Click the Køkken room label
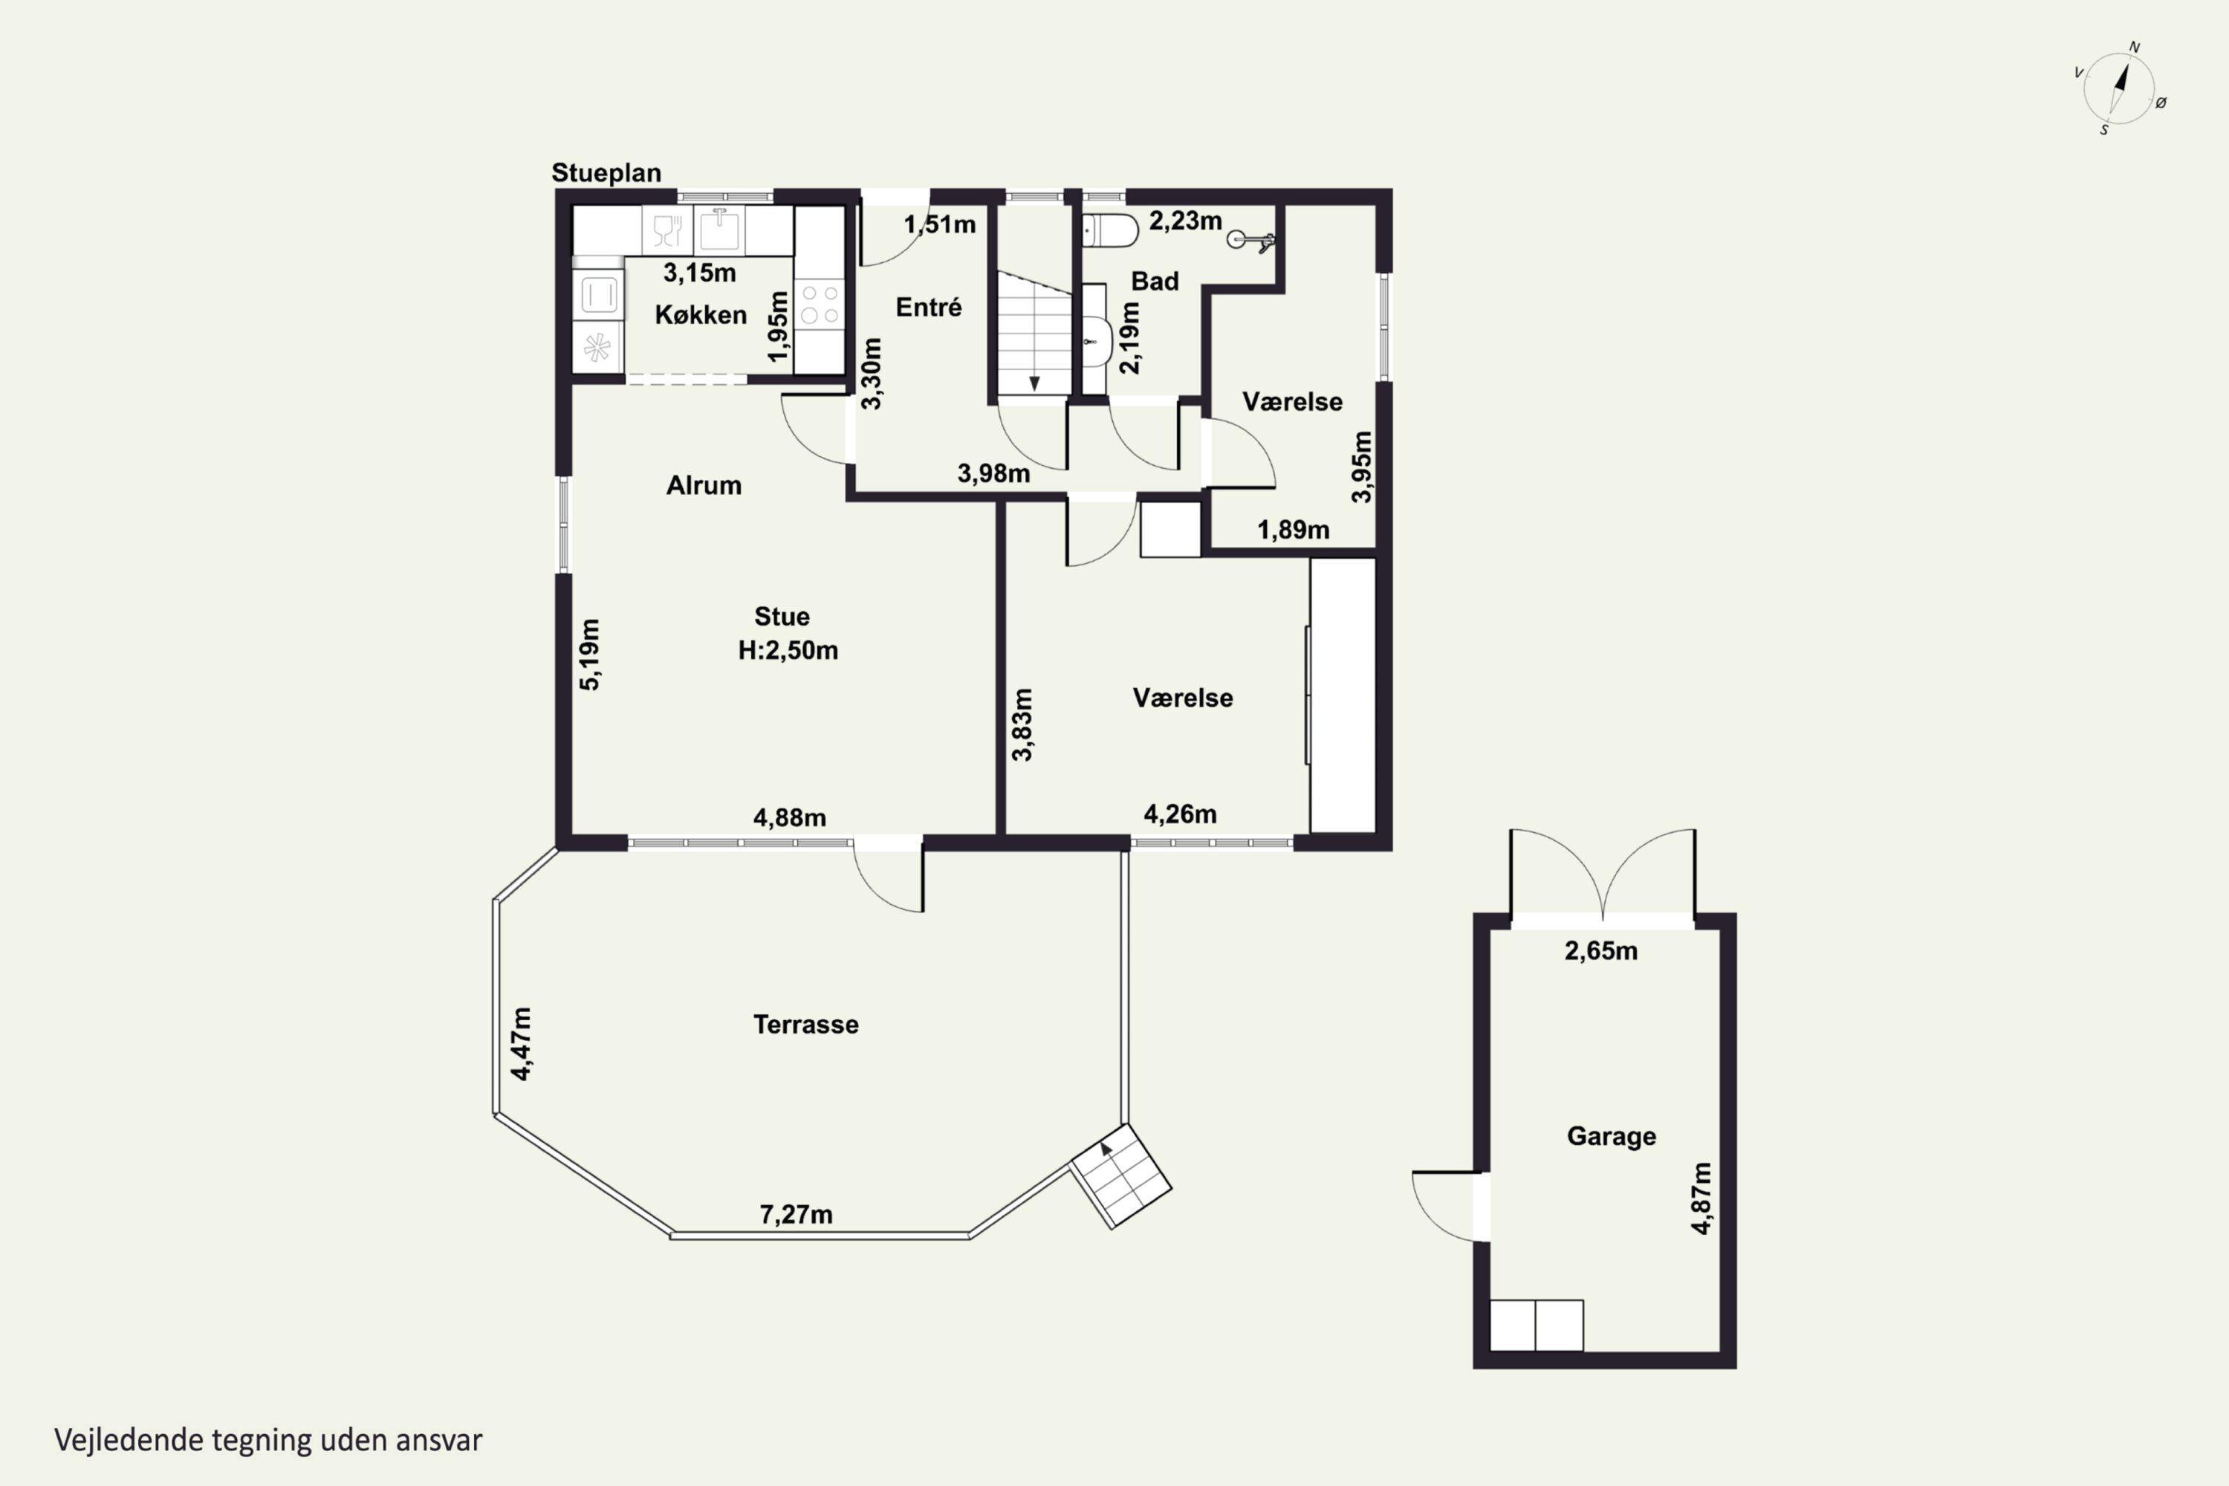tap(701, 314)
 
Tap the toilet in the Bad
tap(1110, 230)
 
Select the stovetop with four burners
tap(819, 303)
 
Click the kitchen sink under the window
tap(719, 230)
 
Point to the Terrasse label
tap(805, 1025)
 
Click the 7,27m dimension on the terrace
tap(796, 1214)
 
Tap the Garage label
tap(1611, 1136)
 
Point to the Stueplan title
tap(606, 172)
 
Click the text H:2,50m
tap(788, 650)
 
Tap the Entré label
tap(929, 307)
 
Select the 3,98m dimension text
tap(993, 473)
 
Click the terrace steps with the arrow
tap(1121, 1176)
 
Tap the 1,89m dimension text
tap(1293, 530)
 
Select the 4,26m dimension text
tap(1180, 814)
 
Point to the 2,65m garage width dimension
tap(1600, 950)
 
